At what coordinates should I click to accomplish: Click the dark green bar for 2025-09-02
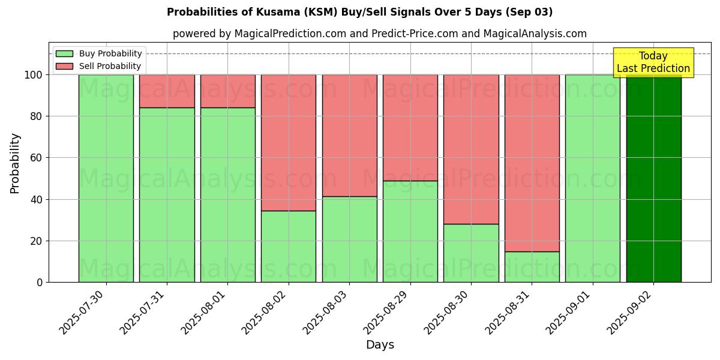coord(653,180)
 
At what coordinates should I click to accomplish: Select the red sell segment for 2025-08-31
coord(532,163)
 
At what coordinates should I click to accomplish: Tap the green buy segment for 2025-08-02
coord(289,246)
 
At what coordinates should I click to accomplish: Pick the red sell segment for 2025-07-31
coord(167,91)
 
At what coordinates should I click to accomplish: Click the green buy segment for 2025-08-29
coord(410,231)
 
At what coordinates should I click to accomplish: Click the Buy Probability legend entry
coord(98,53)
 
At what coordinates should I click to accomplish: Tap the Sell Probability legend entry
coord(98,66)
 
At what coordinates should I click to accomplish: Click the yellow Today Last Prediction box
coord(653,62)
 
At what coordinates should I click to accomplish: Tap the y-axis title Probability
coord(16,163)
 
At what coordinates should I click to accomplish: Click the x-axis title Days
coord(380,345)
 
